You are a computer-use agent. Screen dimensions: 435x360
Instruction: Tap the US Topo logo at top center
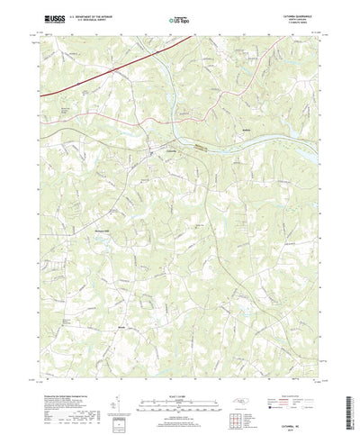pos(180,17)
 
